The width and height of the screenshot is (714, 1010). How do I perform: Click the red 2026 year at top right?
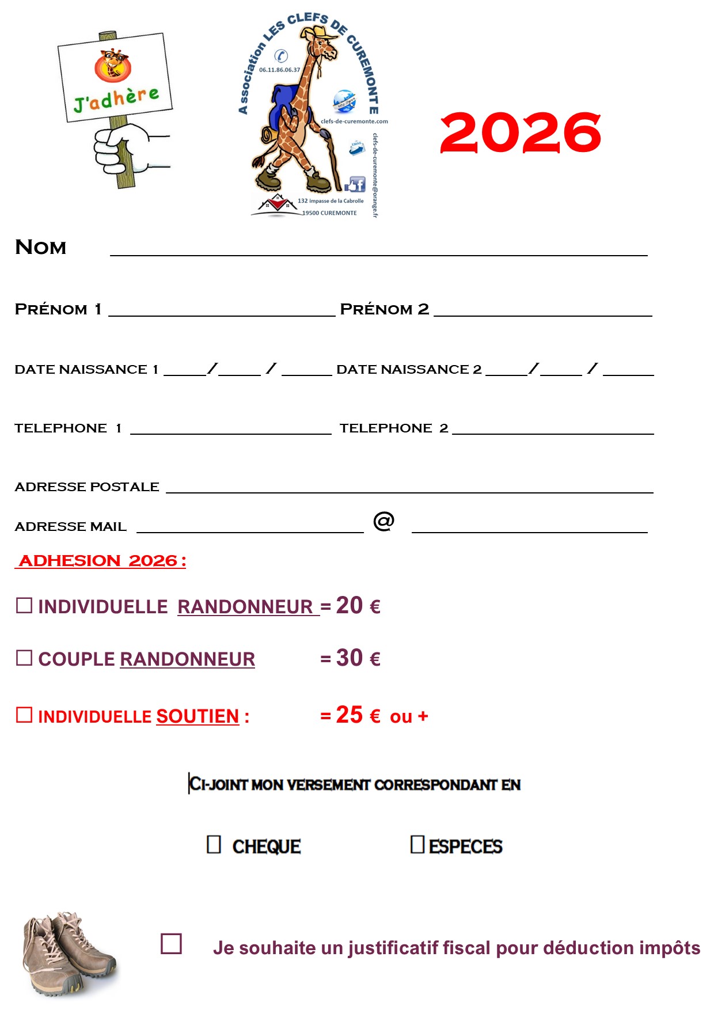(520, 133)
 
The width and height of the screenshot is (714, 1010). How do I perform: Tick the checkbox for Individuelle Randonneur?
(24, 605)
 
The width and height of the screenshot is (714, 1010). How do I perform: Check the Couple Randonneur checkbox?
(24, 658)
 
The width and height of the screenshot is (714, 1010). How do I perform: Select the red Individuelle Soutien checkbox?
(24, 715)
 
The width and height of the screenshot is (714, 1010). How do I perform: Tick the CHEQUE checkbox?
(214, 844)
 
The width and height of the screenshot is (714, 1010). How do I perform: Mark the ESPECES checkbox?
(417, 844)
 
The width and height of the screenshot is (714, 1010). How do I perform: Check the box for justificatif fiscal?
(171, 944)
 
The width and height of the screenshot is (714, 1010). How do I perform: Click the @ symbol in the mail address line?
(383, 521)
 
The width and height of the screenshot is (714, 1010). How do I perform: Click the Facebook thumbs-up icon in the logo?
(355, 184)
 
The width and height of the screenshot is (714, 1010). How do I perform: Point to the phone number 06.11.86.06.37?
(279, 70)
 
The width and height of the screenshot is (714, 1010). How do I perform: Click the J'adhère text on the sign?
(116, 98)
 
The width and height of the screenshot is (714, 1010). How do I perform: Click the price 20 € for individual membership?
(358, 605)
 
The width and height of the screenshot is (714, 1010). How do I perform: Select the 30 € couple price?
(358, 658)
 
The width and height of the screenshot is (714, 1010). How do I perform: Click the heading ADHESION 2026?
(101, 560)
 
